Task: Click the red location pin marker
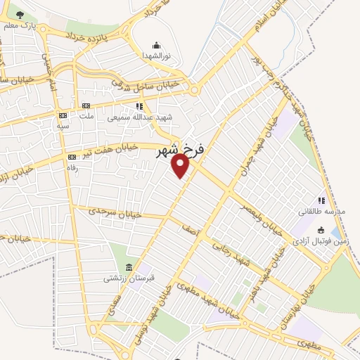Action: pyautogui.click(x=181, y=166)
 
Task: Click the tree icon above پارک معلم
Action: pyautogui.click(x=19, y=15)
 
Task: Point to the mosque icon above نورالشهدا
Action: pyautogui.click(x=156, y=45)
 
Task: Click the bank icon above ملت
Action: pyautogui.click(x=87, y=105)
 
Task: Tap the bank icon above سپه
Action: pyautogui.click(x=63, y=115)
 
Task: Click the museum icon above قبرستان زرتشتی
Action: pyautogui.click(x=128, y=267)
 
